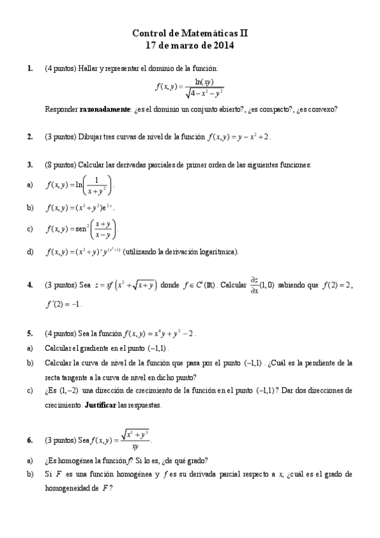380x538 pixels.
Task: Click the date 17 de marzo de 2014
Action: [190, 45]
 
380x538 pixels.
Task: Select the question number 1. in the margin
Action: [30, 68]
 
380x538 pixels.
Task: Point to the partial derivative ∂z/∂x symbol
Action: [254, 285]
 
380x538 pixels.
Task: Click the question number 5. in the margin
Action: [30, 332]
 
